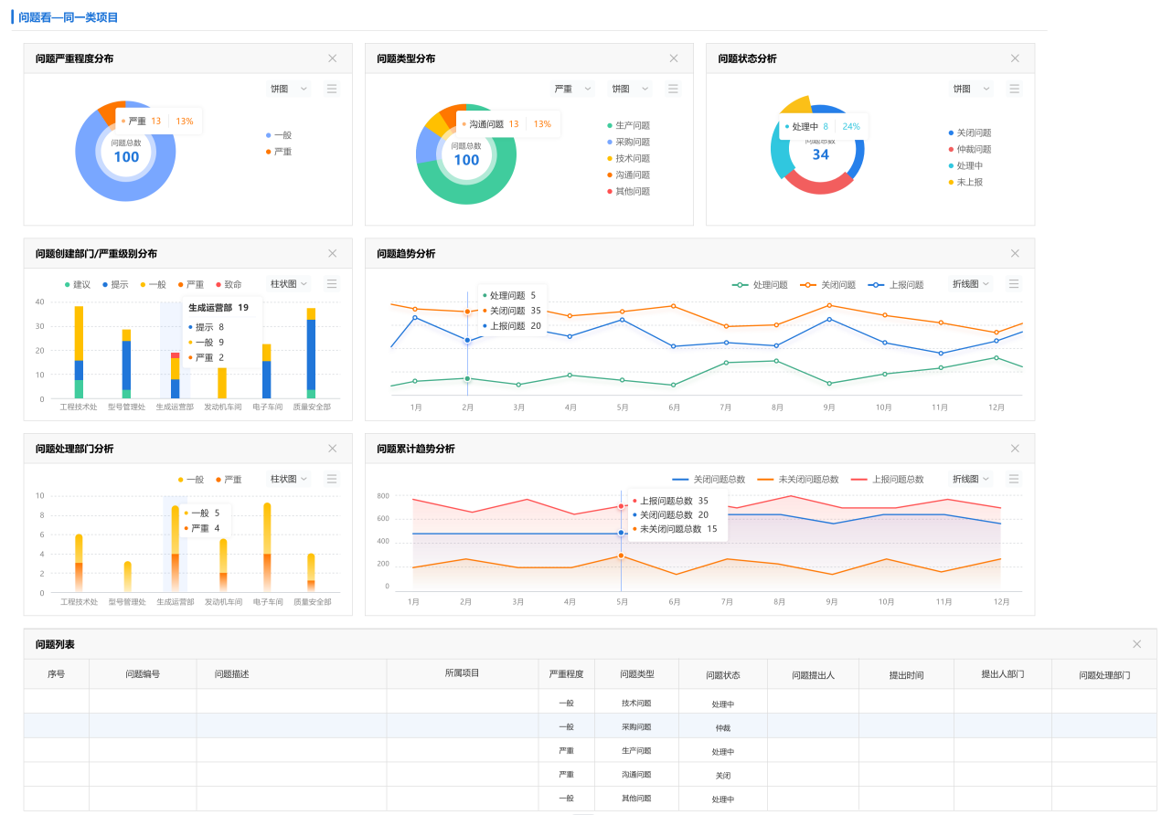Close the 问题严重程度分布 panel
pos(333,58)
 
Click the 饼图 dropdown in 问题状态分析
pos(971,89)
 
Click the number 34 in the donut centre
pos(820,154)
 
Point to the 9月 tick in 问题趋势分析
pos(829,407)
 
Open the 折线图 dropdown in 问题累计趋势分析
pos(972,479)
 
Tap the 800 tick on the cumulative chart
pos(382,496)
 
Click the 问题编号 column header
pos(143,674)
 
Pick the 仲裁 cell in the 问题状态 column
pos(722,728)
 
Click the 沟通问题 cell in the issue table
pos(636,775)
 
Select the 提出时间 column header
pos(906,675)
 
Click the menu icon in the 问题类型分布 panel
pos(673,89)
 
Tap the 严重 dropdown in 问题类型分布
pos(572,89)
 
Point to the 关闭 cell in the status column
pos(722,776)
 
